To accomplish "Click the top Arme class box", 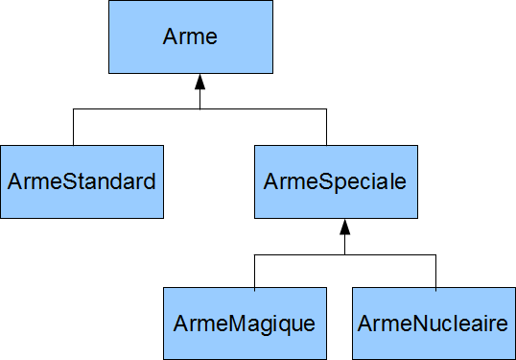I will [x=191, y=37].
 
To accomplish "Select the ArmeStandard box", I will [x=82, y=181].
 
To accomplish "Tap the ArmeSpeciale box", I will [x=336, y=181].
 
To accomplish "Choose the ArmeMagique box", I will [x=245, y=323].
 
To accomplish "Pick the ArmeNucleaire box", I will [x=434, y=323].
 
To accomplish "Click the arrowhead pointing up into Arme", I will [x=199, y=82].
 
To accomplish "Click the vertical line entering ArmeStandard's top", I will [x=74, y=127].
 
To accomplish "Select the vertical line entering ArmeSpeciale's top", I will [x=326, y=127].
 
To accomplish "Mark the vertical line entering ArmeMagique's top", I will [x=254, y=272].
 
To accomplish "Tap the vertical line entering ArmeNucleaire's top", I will [x=435, y=272].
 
